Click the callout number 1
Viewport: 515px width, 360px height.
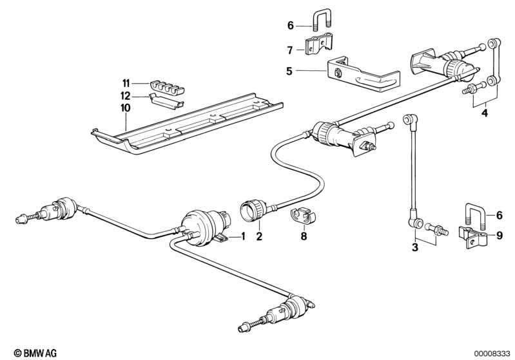pyautogui.click(x=244, y=236)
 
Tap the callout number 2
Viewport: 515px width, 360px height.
pyautogui.click(x=259, y=236)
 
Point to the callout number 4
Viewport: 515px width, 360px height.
pyautogui.click(x=485, y=115)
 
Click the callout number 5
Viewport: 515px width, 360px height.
pyautogui.click(x=290, y=71)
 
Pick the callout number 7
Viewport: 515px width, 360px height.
pyautogui.click(x=290, y=50)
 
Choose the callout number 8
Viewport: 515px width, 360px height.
pyautogui.click(x=303, y=236)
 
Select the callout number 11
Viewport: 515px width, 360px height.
pyautogui.click(x=126, y=83)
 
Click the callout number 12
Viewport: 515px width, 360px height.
pyautogui.click(x=126, y=95)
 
